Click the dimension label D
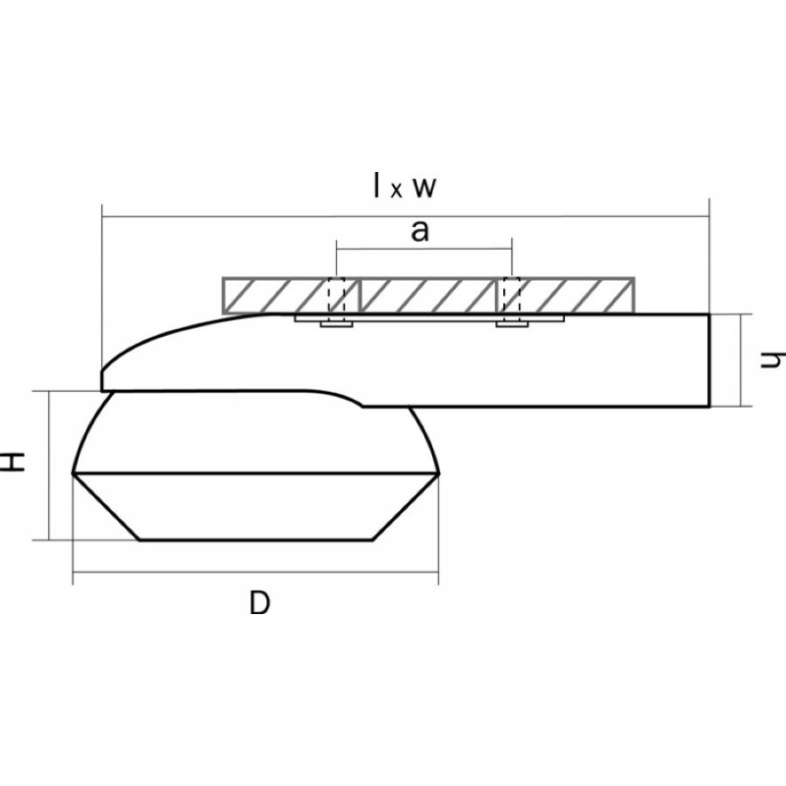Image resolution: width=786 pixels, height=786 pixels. click(x=259, y=603)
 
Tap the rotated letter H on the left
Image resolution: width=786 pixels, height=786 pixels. click(x=12, y=461)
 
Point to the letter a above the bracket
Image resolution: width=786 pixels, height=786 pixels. click(x=421, y=232)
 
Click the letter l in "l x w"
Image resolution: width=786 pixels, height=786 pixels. click(x=377, y=185)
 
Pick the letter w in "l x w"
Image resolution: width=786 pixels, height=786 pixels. click(x=424, y=188)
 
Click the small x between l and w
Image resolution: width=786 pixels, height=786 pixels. click(x=397, y=191)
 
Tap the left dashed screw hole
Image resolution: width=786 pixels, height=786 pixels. click(x=336, y=296)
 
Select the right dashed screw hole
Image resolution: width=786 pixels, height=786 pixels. click(x=512, y=296)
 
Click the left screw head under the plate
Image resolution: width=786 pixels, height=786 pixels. click(x=337, y=324)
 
